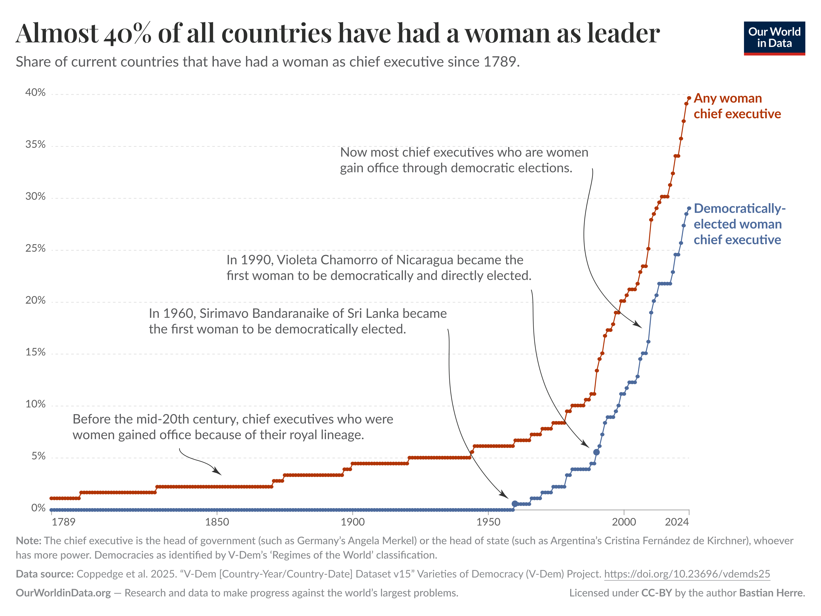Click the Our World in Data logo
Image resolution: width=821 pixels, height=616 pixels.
774,38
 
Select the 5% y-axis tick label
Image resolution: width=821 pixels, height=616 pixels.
38,456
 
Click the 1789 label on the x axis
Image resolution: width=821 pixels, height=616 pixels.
64,522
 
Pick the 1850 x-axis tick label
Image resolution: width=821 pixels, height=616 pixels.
217,522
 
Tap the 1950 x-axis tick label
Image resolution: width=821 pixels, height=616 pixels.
488,522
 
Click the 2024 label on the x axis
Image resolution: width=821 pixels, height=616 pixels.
677,522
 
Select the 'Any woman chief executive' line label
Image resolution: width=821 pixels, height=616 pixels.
737,106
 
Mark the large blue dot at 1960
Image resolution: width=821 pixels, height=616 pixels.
515,504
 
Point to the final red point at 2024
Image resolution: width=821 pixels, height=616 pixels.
689,98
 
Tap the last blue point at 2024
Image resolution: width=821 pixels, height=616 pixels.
689,208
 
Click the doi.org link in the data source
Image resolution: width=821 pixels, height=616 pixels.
687,574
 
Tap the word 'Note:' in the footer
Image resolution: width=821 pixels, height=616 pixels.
28,541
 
